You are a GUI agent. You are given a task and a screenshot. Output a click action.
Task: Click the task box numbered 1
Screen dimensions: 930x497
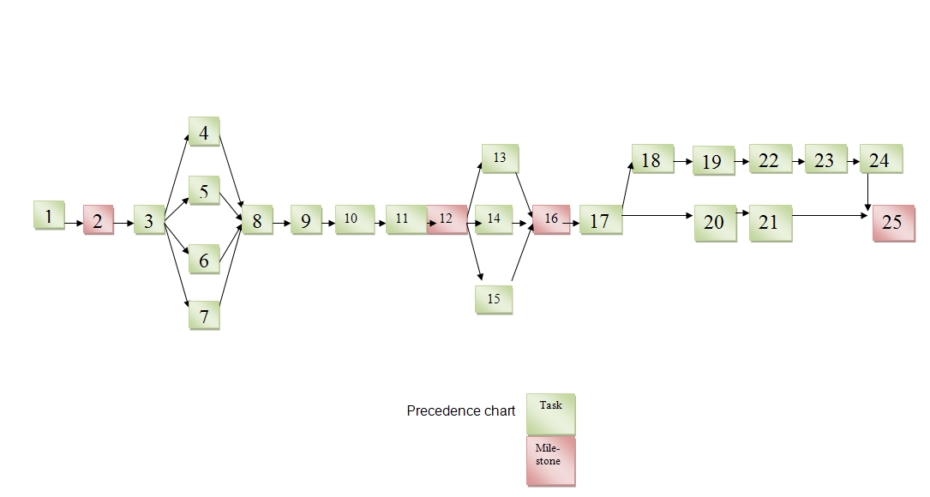point(49,215)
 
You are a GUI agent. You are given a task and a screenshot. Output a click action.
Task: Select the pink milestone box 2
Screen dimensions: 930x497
point(99,220)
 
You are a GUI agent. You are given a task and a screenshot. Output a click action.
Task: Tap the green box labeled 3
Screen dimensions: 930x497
point(149,220)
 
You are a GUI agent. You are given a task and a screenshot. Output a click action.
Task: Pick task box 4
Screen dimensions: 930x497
point(204,132)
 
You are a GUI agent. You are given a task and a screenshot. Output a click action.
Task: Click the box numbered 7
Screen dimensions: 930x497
point(204,315)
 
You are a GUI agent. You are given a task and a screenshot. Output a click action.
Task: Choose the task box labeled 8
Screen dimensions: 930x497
point(257,220)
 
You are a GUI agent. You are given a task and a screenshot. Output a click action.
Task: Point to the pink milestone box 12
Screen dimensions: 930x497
point(447,219)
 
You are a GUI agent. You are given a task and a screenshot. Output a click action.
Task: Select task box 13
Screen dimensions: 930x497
point(500,159)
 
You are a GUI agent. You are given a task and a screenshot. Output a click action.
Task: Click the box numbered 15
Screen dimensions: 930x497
point(494,300)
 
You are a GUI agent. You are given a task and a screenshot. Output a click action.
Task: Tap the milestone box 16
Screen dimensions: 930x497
point(552,219)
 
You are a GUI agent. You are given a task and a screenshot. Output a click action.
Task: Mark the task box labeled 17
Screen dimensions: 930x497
point(601,220)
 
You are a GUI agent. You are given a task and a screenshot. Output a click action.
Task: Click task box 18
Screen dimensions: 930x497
point(653,159)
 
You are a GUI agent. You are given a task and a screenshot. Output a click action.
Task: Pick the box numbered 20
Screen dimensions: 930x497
point(716,223)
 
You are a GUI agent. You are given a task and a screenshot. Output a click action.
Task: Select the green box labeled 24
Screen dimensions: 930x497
point(881,159)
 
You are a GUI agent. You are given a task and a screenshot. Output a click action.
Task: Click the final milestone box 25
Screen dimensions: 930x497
point(894,223)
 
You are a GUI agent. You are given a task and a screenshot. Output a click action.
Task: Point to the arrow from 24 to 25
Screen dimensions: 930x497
point(867,192)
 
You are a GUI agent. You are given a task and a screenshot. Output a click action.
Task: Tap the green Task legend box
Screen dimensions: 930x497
point(551,414)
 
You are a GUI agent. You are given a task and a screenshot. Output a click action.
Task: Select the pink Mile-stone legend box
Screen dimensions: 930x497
point(551,461)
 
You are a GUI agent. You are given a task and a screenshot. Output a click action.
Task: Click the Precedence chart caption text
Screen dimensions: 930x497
point(461,411)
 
